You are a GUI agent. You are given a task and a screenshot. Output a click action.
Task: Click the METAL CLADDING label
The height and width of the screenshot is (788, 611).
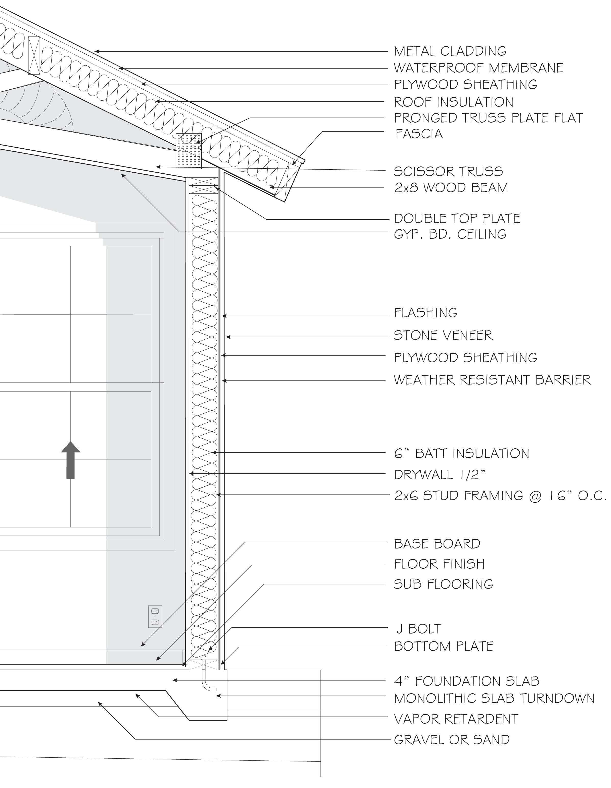(x=450, y=51)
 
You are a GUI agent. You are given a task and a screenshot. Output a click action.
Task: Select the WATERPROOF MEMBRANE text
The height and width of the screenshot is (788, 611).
(x=478, y=68)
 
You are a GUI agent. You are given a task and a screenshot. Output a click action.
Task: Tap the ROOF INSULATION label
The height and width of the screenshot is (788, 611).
(x=453, y=102)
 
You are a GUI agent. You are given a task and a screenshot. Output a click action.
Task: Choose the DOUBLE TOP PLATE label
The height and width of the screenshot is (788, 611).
(x=457, y=218)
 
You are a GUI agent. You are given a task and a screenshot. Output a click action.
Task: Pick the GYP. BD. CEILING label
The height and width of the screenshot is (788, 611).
(x=450, y=234)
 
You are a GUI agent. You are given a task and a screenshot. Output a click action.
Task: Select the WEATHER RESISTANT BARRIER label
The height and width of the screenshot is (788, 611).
(x=492, y=380)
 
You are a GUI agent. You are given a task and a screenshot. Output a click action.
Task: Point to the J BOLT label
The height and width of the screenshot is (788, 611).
(x=418, y=629)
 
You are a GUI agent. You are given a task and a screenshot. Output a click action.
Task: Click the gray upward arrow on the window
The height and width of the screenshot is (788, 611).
(x=71, y=460)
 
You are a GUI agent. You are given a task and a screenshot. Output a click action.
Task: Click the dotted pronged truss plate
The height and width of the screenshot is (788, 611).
(x=188, y=151)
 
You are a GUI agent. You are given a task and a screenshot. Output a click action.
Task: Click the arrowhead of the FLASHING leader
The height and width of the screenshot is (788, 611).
(x=224, y=316)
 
